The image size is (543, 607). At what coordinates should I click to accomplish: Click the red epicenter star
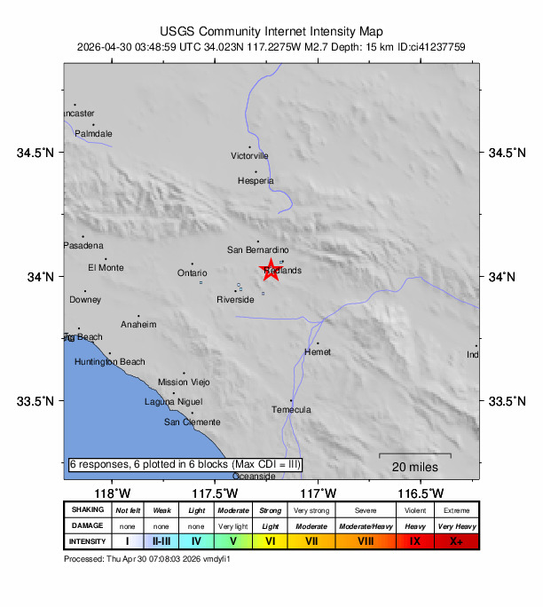(271, 270)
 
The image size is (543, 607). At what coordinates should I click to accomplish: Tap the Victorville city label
(249, 156)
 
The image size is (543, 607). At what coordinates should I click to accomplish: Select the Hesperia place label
(256, 181)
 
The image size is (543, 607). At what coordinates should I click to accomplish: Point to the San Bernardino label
(258, 250)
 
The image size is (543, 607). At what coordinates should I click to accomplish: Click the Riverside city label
(235, 300)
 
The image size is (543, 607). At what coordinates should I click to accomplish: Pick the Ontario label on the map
(192, 273)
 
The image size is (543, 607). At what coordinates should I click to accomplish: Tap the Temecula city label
(291, 410)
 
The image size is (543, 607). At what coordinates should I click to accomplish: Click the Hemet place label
(317, 352)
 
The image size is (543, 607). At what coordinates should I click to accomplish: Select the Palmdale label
(93, 134)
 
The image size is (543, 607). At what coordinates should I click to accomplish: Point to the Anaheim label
(138, 325)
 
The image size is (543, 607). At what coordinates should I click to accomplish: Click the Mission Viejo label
(184, 382)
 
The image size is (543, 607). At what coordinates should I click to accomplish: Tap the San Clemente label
(192, 422)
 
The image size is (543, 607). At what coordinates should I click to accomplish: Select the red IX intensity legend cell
(414, 541)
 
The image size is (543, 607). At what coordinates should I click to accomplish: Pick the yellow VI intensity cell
(269, 541)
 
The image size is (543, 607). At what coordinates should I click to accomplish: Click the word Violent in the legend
(414, 510)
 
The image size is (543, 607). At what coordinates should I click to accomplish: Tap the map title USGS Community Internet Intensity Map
(271, 30)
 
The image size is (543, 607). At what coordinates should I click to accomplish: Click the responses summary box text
(185, 465)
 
